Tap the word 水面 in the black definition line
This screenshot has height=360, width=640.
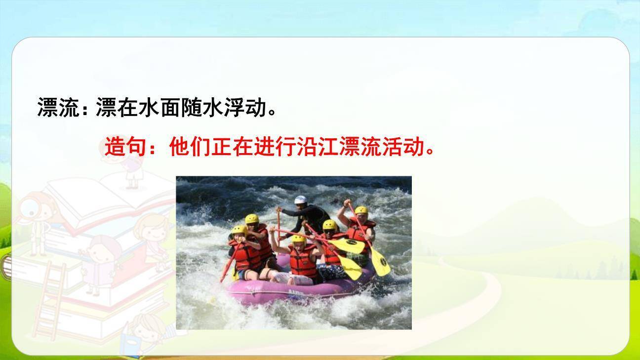[x=150, y=107]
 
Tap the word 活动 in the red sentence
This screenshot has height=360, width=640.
[x=403, y=147]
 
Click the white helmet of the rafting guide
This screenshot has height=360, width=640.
[x=301, y=200]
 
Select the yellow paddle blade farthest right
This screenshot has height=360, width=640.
[x=381, y=262]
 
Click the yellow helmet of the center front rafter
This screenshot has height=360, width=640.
[x=298, y=239]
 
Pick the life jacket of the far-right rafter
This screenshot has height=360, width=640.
[x=360, y=232]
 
